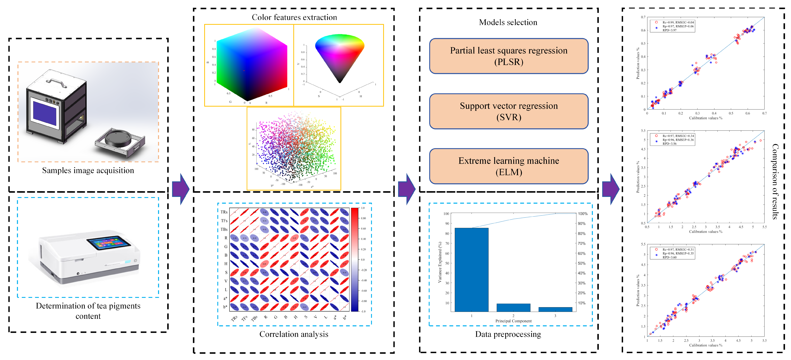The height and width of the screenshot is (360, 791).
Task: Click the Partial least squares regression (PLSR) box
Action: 508,56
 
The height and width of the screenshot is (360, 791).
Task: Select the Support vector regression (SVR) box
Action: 508,111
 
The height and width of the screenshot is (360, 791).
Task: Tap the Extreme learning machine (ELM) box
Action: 508,166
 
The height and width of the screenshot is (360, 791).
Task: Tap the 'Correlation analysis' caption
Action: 294,334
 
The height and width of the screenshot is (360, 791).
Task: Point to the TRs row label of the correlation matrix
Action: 224,212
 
